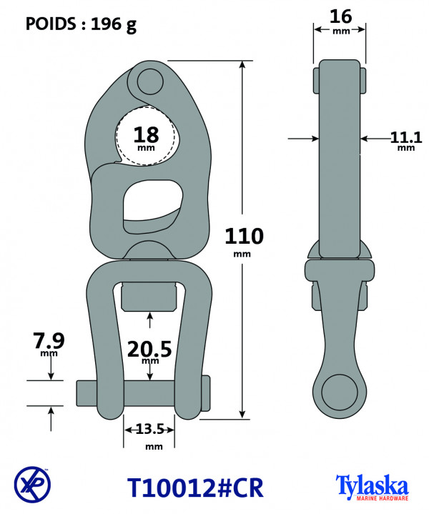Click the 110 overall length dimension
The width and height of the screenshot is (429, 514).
click(x=244, y=236)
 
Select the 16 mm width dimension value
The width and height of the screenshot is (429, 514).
click(x=340, y=16)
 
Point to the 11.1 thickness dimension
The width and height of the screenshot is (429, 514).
click(x=406, y=138)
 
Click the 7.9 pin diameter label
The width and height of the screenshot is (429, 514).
click(x=49, y=341)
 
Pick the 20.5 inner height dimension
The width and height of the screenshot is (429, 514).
click(x=149, y=349)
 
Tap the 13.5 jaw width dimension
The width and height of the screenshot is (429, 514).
click(x=149, y=429)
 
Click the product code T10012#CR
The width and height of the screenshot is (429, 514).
click(x=195, y=488)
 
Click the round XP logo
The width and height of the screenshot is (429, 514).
click(x=32, y=485)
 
